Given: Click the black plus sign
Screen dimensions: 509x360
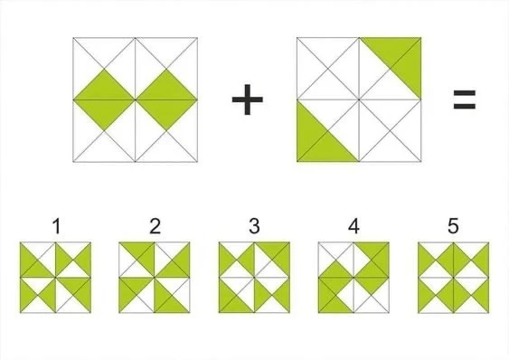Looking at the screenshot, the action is pos(248,99).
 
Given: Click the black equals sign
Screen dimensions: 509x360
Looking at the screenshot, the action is pos(464,99).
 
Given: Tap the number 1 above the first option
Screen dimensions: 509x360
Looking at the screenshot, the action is pos(56,226).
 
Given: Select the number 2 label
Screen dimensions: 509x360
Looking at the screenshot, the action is pos(156,226).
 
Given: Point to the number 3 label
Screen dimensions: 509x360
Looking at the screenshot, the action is pos(254,226).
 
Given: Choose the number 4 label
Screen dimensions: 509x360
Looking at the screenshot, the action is pos(353,226).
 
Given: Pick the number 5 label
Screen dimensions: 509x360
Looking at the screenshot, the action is pos(453,226).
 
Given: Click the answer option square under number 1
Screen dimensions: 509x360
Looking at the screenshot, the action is pos(55,278).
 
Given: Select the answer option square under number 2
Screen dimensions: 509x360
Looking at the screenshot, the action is pos(155,278).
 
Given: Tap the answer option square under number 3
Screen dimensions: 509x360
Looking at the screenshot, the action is pos(254,278).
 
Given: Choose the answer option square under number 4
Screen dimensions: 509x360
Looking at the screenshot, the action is pos(353,278).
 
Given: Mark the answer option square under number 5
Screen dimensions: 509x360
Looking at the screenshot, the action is pos(454,278).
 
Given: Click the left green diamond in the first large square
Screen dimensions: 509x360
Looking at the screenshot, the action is pos(104,99).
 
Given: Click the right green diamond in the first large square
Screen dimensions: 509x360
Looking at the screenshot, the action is pos(166,99).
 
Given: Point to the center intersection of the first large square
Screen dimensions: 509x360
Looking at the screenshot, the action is pos(136,99).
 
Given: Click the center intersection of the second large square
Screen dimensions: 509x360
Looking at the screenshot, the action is pos(359,99).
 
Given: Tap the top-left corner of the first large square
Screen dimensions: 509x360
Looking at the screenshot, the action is pos(73,38).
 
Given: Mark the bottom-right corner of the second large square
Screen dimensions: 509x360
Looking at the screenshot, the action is pos(421,162).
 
